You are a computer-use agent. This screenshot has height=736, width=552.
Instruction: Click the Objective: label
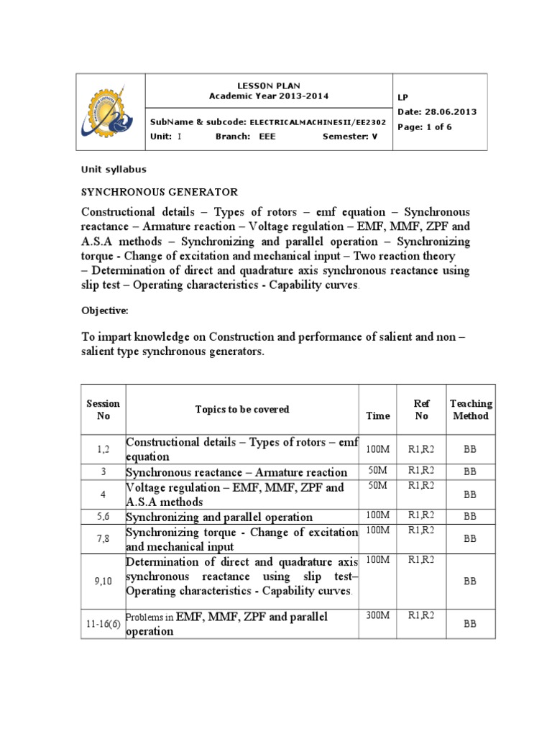pyautogui.click(x=104, y=310)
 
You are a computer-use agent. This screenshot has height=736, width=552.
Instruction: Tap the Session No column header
pyautogui.click(x=103, y=410)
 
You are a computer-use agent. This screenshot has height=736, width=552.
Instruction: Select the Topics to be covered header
pyautogui.click(x=242, y=409)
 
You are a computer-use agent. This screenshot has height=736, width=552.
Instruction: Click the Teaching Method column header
pyautogui.click(x=470, y=410)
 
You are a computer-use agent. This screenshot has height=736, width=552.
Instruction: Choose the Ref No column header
pyautogui.click(x=422, y=410)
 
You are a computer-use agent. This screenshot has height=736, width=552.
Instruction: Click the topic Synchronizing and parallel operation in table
pyautogui.click(x=219, y=517)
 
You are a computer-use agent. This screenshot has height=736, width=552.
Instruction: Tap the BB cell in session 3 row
pyautogui.click(x=470, y=472)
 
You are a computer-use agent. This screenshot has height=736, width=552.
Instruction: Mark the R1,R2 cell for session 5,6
pyautogui.click(x=422, y=515)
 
